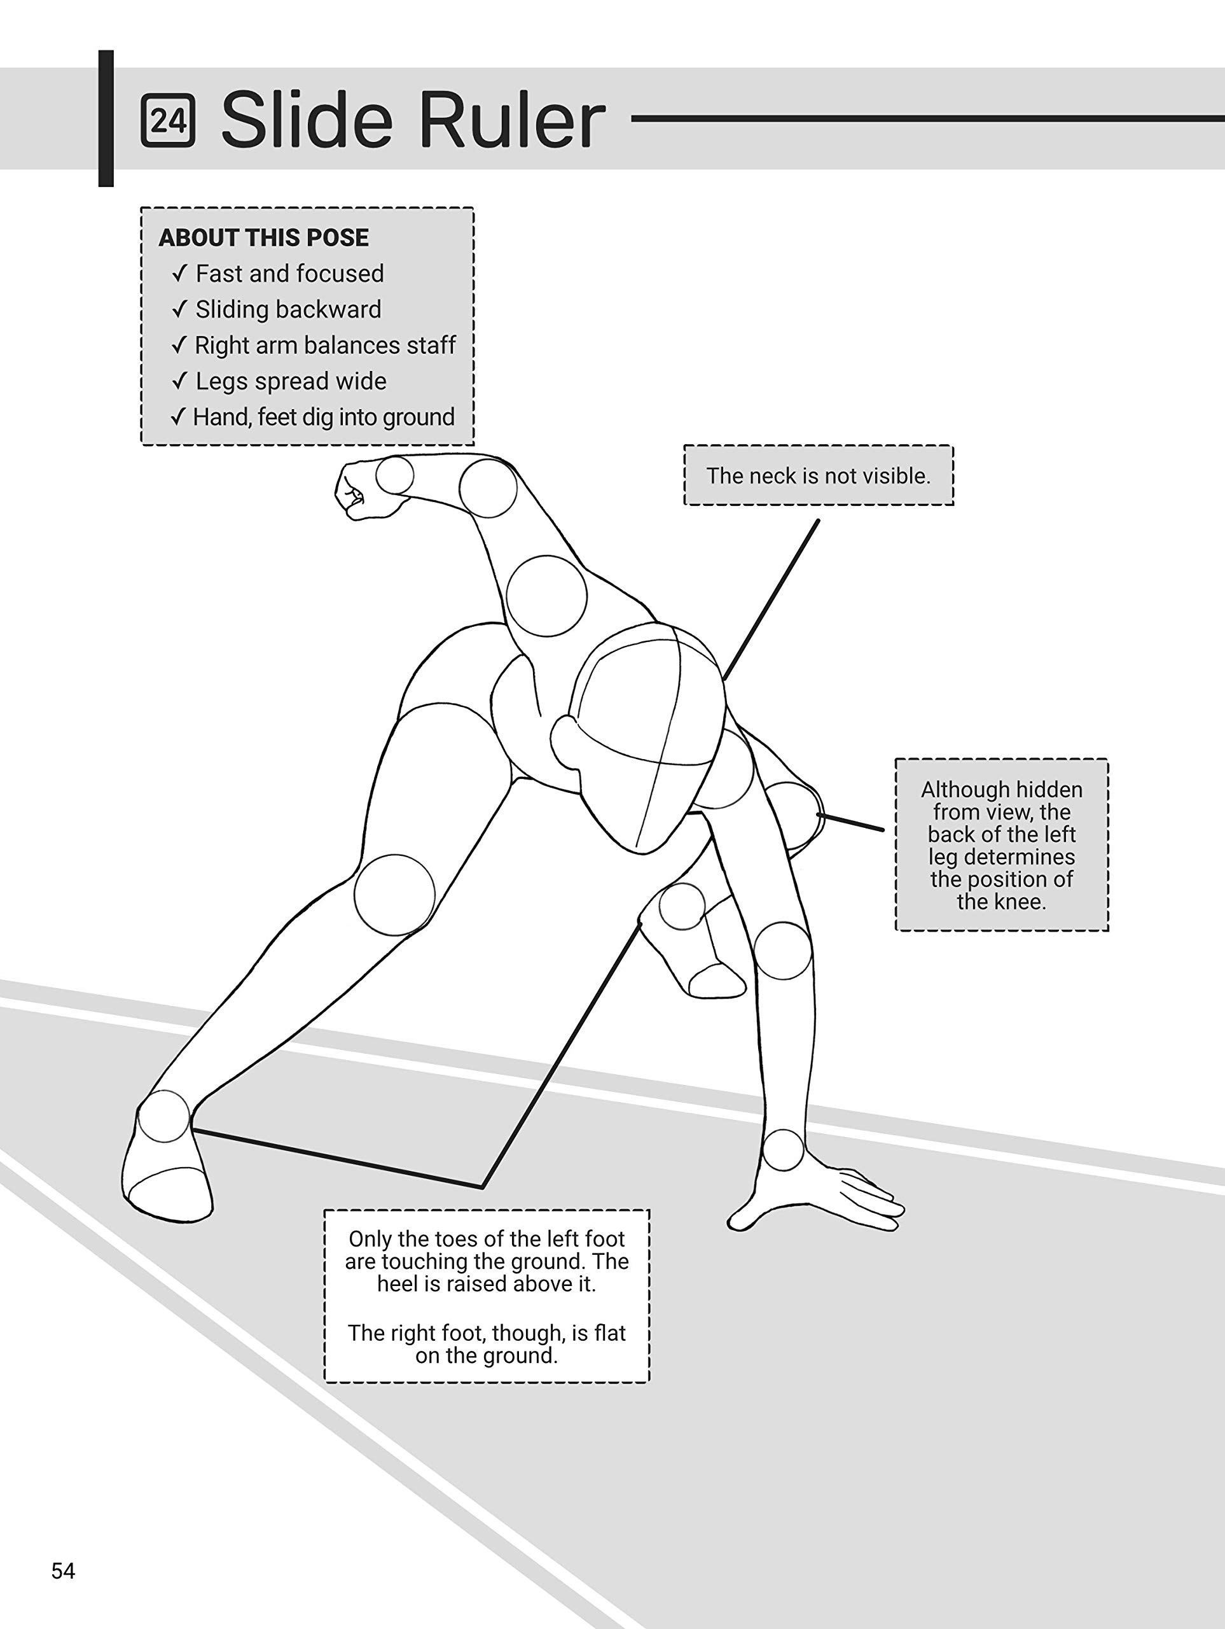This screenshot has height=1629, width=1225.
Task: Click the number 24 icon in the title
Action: click(x=168, y=121)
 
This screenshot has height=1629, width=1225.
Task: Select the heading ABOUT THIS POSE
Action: click(x=263, y=238)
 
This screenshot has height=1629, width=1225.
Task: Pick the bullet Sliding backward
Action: click(x=288, y=309)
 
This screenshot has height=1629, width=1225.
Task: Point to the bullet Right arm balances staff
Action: click(x=324, y=346)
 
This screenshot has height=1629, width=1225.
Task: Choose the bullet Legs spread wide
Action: click(x=291, y=381)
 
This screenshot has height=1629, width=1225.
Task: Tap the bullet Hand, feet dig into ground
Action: click(x=323, y=417)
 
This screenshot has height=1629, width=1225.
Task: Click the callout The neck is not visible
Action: click(x=819, y=476)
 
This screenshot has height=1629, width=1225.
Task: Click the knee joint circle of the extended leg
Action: click(x=394, y=895)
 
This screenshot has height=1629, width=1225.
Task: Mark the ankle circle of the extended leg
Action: click(x=163, y=1115)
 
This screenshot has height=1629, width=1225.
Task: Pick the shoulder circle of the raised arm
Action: click(x=546, y=596)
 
